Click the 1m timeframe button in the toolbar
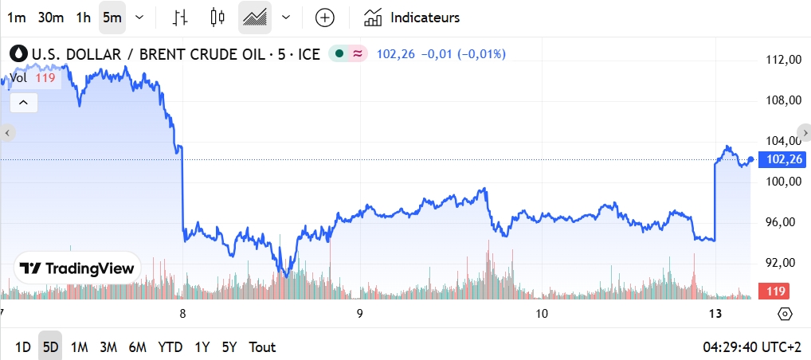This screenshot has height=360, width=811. pos(16,18)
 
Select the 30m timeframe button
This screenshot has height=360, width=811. pos(50,18)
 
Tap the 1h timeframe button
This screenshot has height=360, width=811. pos(83,18)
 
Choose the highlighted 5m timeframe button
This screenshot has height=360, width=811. pos(112,18)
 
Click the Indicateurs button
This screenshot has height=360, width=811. pos(412,18)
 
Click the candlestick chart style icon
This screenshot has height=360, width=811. pos(217,18)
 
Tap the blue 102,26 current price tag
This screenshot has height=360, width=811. pos(781,159)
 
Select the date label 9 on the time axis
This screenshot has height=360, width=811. pos(360,314)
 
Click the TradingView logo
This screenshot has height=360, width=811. pos(77,268)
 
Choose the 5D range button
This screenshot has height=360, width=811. pos(50,347)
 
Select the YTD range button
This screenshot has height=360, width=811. pos(170,347)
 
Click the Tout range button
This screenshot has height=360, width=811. pos(262,347)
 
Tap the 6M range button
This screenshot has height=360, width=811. pos(137,347)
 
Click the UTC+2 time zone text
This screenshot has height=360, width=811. pos(781,347)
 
